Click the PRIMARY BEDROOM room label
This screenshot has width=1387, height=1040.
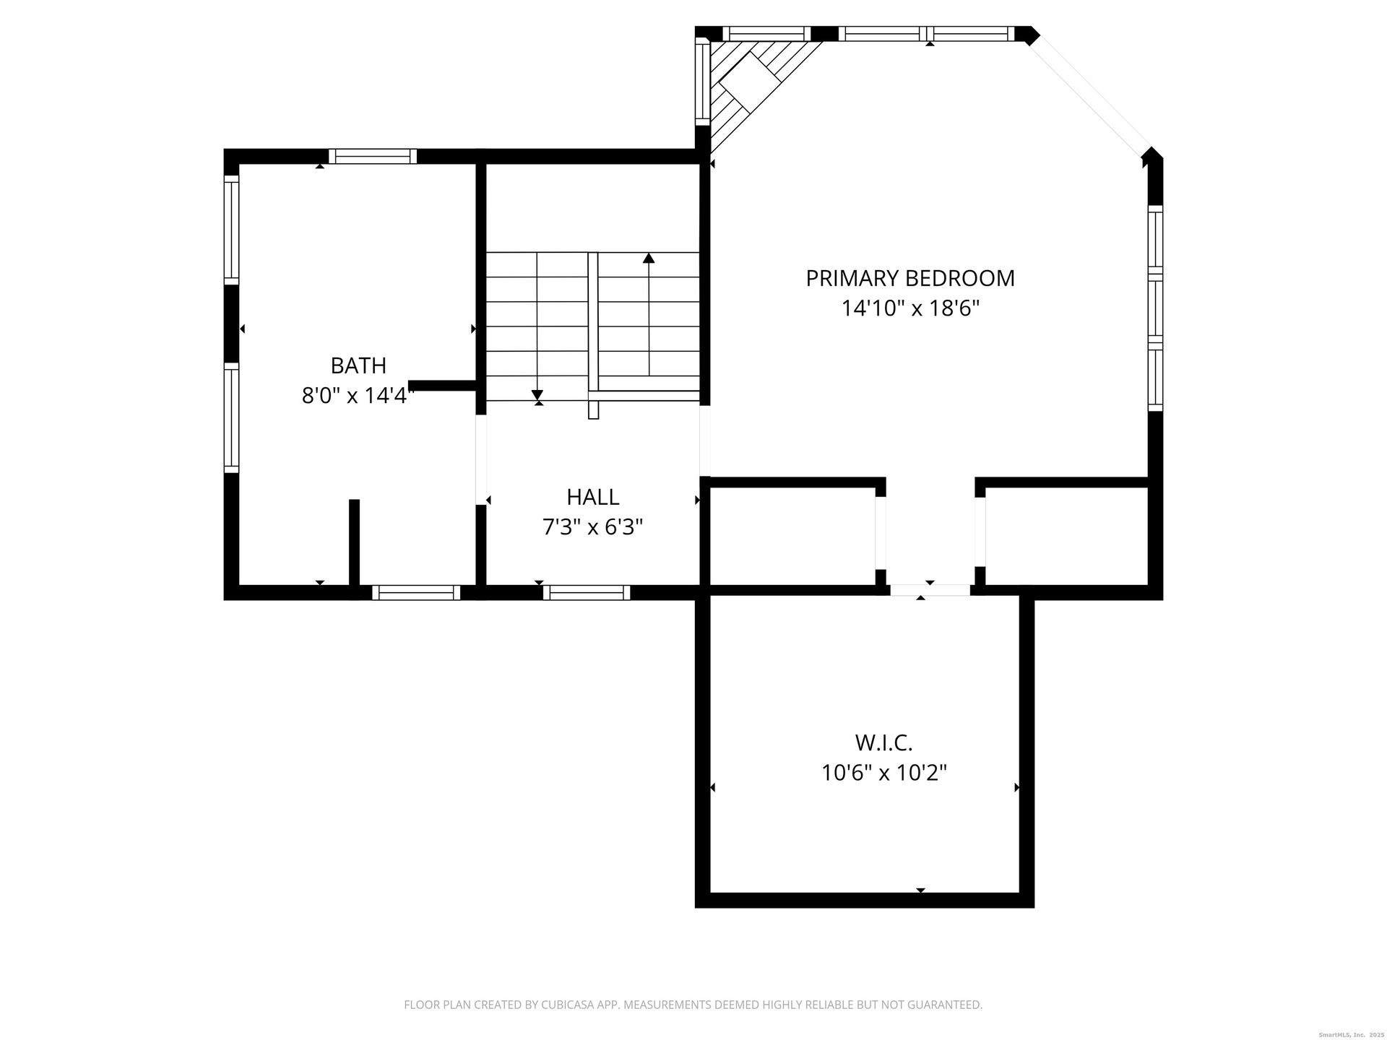[x=910, y=278]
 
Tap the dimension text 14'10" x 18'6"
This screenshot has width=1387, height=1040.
[x=910, y=308]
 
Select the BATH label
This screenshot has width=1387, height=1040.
[x=358, y=365]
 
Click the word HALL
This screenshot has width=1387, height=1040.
[x=593, y=497]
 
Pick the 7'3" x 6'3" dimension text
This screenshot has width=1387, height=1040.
[x=593, y=527]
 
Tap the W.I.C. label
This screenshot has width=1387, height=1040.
[x=884, y=742]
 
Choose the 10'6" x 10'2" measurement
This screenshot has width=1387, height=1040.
[x=884, y=773]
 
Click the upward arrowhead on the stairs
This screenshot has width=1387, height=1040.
[x=649, y=258]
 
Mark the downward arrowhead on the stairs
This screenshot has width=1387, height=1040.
[x=537, y=394]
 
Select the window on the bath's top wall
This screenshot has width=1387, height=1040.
[x=373, y=156]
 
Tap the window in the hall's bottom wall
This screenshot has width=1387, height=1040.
[x=587, y=592]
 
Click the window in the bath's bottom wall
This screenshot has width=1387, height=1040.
[x=416, y=592]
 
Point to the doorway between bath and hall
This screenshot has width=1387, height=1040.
[x=480, y=459]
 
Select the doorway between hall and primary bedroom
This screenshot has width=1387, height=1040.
[x=705, y=441]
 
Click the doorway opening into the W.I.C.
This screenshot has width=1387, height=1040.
[x=930, y=590]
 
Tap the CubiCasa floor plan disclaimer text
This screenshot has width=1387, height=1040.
[x=693, y=1005]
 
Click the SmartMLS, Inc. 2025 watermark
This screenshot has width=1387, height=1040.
[x=1352, y=1035]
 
